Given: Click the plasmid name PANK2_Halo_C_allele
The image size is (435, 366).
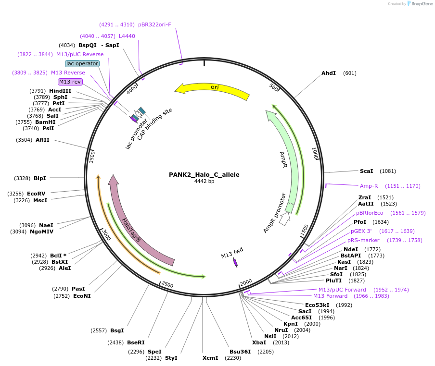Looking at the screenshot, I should point(204,175).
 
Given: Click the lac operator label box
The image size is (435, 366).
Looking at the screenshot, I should point(82,63).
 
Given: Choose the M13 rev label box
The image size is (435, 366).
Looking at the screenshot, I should point(70,82).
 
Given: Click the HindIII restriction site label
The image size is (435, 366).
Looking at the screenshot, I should point(60,91).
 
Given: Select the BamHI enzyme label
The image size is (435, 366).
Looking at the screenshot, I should point(45,122).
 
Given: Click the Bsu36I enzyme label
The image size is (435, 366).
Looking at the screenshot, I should point(240,352).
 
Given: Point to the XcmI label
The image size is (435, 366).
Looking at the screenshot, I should point(210,358).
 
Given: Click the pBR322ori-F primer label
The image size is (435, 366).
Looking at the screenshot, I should point(154,24).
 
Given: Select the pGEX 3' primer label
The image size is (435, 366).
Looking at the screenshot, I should point(361,231).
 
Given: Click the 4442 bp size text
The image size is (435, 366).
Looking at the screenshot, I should point(204,182).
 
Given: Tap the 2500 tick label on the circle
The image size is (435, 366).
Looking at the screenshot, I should point(167,284).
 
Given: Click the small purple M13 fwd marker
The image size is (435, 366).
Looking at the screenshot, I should point(235,262).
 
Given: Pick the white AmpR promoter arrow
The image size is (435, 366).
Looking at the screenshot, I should point(284,219).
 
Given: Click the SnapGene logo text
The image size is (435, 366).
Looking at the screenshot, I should point(422,4).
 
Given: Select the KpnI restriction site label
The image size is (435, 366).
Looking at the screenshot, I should point(290,324).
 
